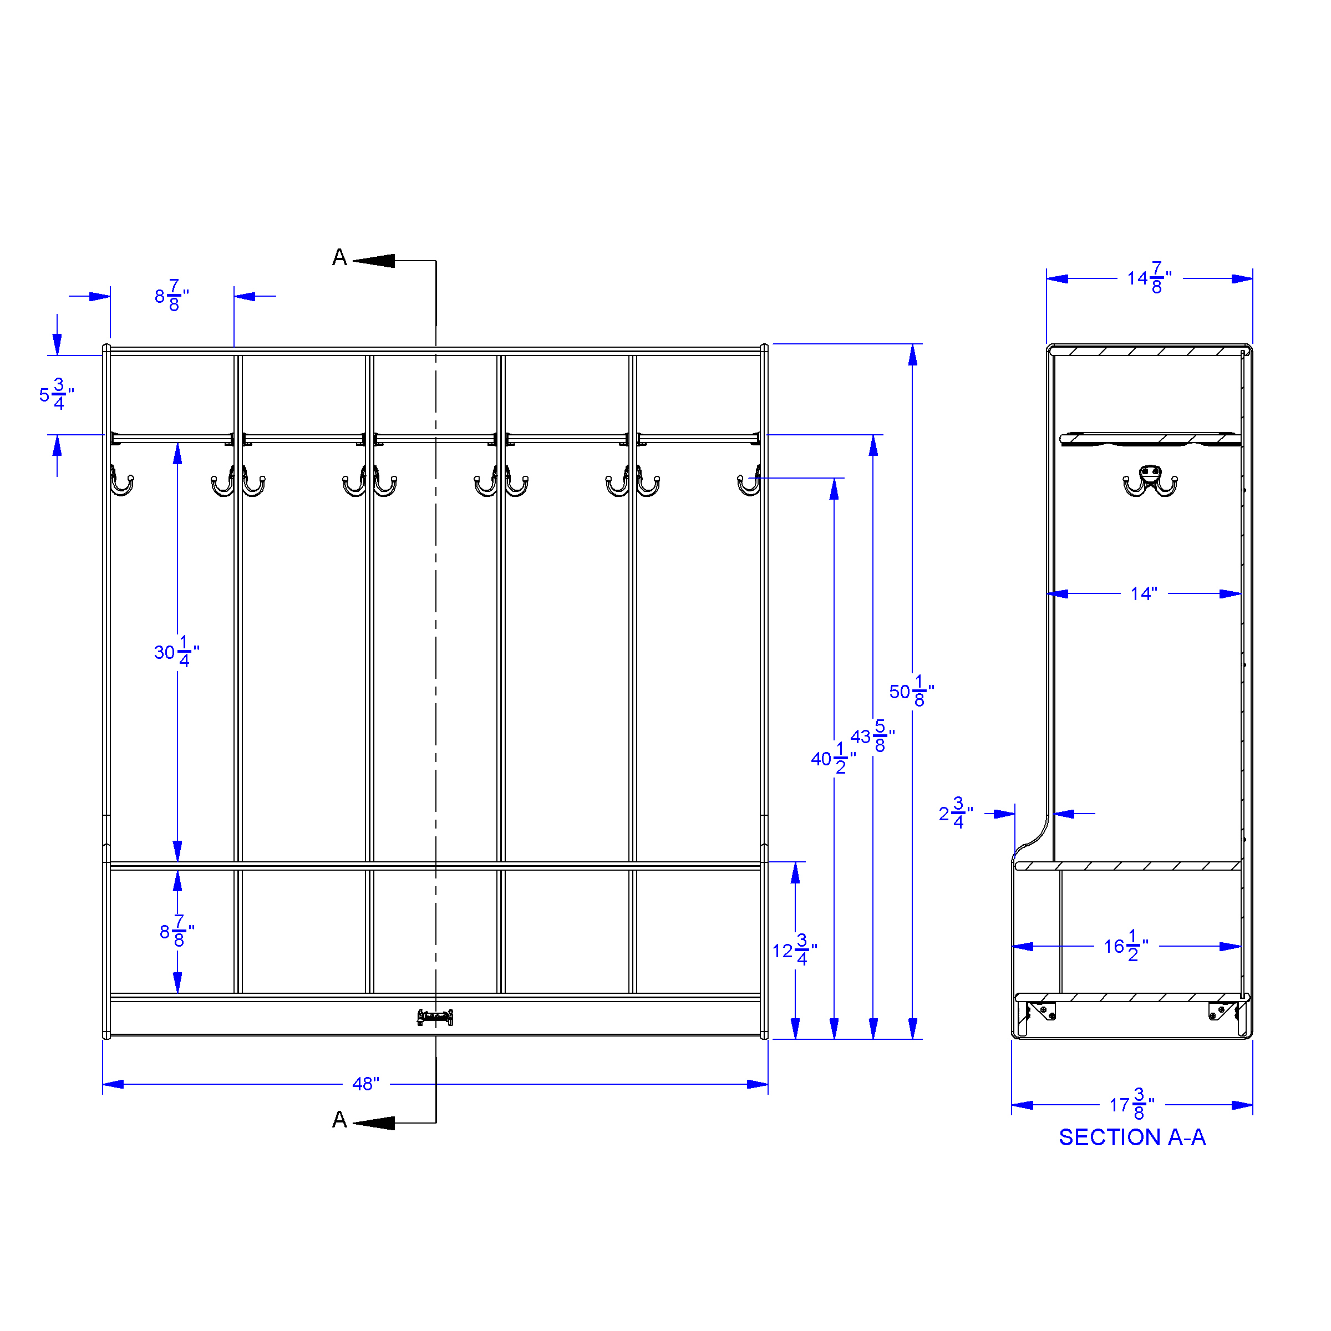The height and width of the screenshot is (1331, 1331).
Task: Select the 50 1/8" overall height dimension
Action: click(x=911, y=691)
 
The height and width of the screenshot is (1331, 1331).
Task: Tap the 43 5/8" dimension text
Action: click(x=872, y=736)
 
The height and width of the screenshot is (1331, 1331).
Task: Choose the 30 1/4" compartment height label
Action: click(x=177, y=652)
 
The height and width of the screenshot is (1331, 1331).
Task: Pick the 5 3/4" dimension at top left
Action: click(x=57, y=394)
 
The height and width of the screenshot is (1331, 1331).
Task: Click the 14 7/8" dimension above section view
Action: click(x=1149, y=278)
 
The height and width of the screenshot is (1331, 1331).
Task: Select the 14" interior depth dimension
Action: click(x=1144, y=593)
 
